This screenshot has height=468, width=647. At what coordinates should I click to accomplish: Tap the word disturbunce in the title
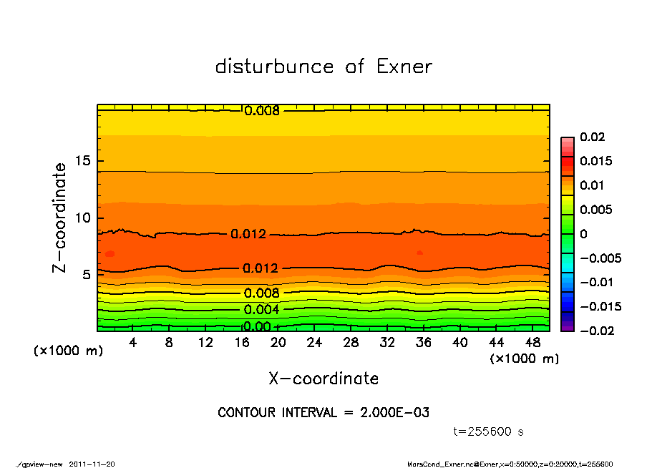[x=274, y=67]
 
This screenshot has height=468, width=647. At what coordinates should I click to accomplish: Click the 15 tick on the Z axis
[x=82, y=161]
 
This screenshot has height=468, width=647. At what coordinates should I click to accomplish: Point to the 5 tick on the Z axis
[x=86, y=275]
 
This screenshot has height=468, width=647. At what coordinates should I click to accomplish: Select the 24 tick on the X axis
[x=315, y=343]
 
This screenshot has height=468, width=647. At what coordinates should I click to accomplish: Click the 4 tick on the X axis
[x=132, y=343]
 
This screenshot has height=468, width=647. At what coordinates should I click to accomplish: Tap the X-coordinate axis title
[x=323, y=379]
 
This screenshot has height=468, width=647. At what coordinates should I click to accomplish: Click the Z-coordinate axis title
[x=60, y=218]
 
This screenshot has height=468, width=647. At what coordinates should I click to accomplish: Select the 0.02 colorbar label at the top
[x=593, y=137]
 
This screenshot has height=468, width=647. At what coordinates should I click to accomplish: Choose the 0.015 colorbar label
[x=595, y=161]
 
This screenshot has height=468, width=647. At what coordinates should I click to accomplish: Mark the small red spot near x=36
[x=419, y=253]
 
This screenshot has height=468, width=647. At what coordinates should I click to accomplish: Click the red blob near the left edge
[x=110, y=254]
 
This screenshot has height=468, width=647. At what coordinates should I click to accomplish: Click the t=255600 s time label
[x=489, y=432]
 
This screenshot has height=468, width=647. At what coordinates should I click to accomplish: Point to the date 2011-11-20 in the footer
[x=92, y=464]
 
